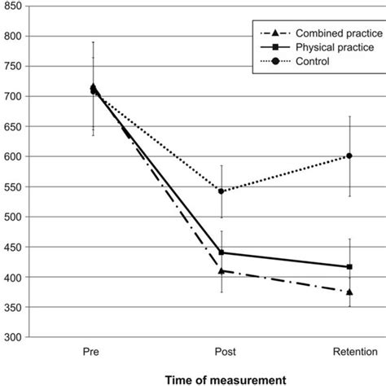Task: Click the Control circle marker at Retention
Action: [x=349, y=156]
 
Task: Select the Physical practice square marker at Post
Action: [x=221, y=252]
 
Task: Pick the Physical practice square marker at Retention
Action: [x=349, y=266]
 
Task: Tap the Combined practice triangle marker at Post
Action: [x=221, y=270]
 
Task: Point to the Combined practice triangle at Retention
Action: [x=349, y=292]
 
